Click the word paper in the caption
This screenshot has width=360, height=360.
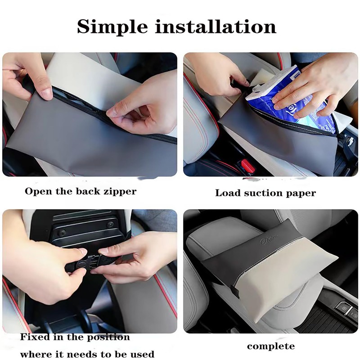[x=301, y=193]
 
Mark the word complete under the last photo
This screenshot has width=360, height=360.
[x=271, y=346]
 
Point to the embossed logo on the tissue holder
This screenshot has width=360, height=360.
[x=269, y=241]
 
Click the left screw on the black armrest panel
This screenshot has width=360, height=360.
[x=62, y=232]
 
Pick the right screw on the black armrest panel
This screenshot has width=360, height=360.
[x=110, y=224]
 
